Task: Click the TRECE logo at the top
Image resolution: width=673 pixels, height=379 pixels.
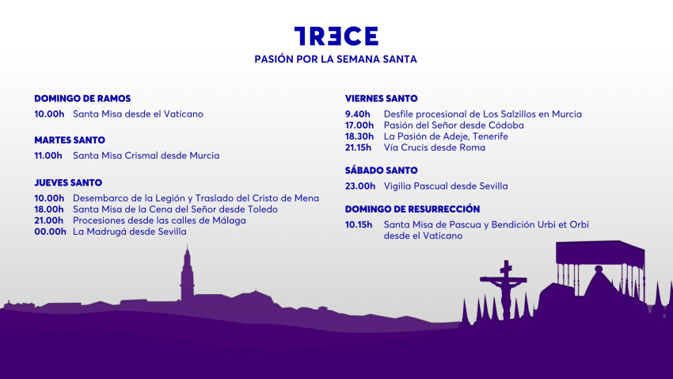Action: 336,36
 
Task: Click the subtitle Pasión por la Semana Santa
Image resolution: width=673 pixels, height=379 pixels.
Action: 336,59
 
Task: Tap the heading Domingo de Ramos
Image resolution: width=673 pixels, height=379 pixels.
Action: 77,98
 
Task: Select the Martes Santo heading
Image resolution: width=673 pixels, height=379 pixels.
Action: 70,140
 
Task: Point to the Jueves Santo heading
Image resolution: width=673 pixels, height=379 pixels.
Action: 68,182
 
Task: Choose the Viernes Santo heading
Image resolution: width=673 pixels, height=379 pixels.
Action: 382,98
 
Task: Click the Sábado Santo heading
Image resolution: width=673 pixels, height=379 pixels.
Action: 382,170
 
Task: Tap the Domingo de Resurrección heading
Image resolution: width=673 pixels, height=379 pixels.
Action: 413,209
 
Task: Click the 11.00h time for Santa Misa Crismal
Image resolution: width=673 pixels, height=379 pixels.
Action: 48,155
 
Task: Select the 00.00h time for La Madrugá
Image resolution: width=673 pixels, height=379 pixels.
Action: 50,232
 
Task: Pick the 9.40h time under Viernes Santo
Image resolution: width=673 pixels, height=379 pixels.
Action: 358,114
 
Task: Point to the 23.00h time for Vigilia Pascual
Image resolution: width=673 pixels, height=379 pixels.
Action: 360,186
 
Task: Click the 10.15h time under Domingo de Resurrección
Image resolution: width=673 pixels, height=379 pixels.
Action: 359,224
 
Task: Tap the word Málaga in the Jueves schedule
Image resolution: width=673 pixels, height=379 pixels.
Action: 229,220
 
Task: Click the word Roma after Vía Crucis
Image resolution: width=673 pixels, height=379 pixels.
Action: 473,147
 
